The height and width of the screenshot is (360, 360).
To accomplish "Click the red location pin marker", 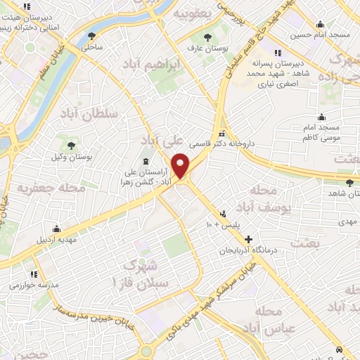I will (x=181, y=165).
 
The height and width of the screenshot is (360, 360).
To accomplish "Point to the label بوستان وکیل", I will (x=70, y=156).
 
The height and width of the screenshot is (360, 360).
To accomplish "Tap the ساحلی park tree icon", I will (x=91, y=36).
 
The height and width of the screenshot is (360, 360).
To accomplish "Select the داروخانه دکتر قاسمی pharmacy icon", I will (x=222, y=134).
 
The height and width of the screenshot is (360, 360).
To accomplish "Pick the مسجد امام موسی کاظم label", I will (x=321, y=134).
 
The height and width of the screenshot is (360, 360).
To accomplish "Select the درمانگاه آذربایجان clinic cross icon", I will (x=247, y=240).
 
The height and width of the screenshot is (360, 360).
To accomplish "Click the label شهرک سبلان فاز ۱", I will (x=146, y=274).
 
